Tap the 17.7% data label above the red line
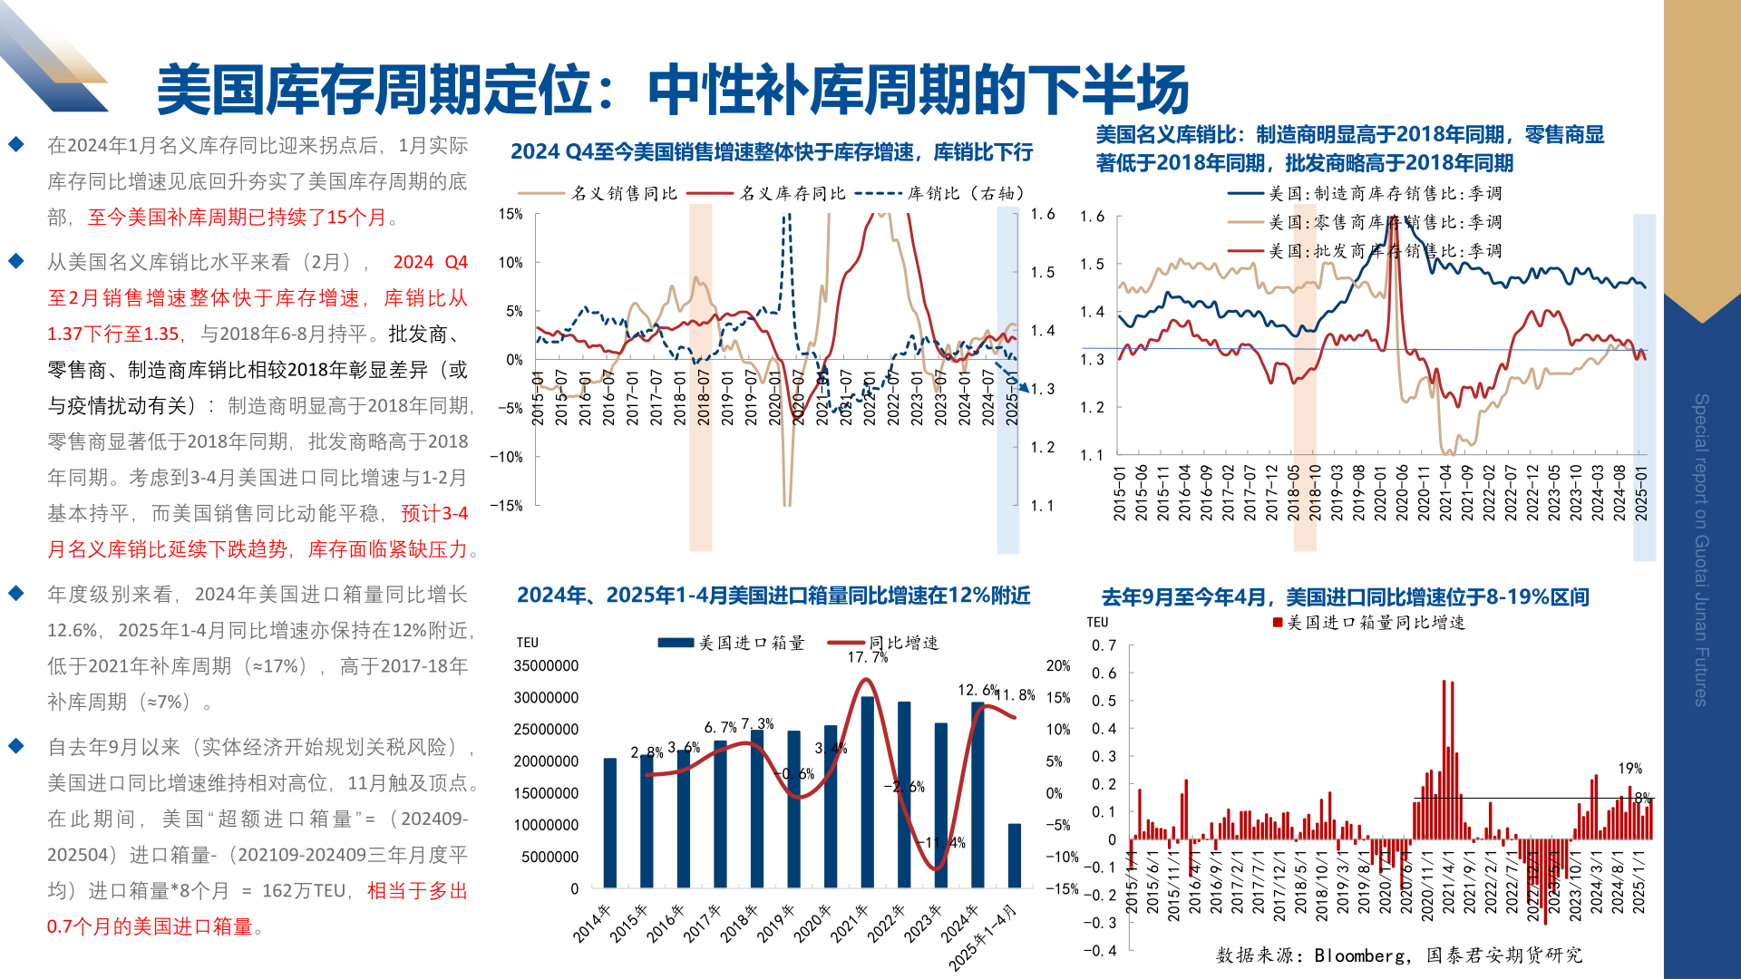click(x=867, y=657)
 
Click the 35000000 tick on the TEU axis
click(x=546, y=666)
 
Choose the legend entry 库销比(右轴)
click(x=966, y=193)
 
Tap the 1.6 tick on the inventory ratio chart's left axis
click(x=1092, y=217)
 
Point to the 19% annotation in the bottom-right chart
click(x=1629, y=769)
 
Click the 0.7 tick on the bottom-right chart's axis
click(x=1104, y=645)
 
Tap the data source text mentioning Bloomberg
click(x=1398, y=955)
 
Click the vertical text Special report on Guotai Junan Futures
click(x=1701, y=549)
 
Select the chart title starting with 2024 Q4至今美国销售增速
click(x=772, y=152)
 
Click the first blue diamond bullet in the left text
click(x=16, y=144)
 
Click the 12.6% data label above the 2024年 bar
click(x=977, y=691)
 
